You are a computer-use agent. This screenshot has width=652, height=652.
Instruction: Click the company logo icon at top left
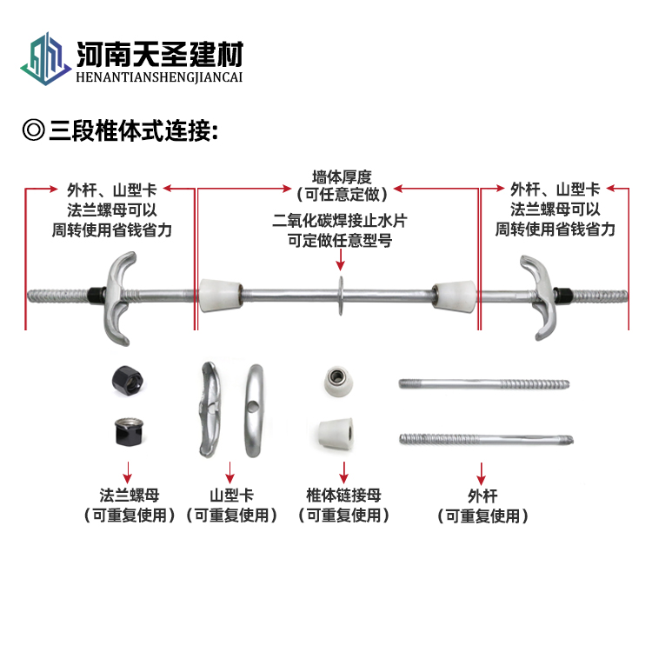44,60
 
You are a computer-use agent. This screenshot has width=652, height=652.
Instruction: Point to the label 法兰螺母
128,496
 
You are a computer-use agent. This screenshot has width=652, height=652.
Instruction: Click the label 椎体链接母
343,496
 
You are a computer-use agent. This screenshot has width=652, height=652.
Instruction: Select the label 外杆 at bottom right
482,496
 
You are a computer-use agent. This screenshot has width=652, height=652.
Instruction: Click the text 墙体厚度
342,176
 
